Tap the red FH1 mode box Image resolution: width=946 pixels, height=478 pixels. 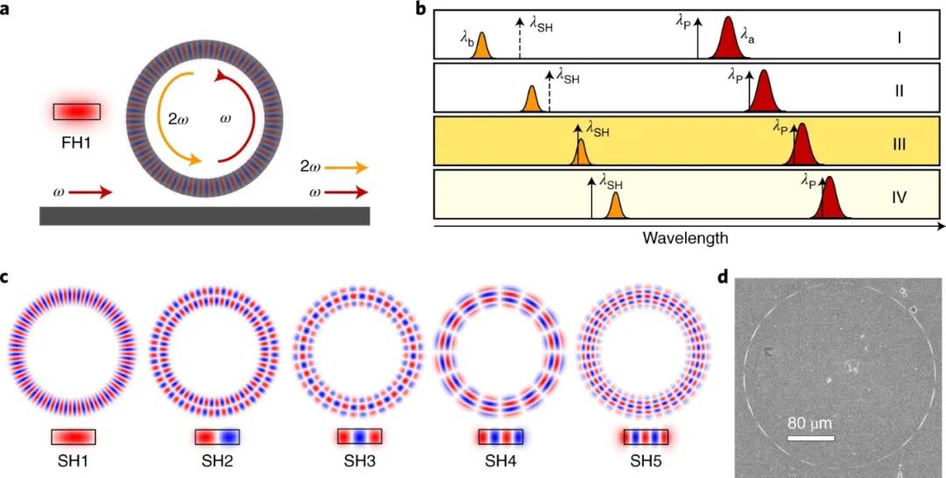tap(76, 112)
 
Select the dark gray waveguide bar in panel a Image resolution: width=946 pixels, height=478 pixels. tap(204, 215)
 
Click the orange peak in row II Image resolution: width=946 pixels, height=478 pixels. tap(531, 100)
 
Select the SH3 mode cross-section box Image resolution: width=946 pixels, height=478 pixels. tap(359, 437)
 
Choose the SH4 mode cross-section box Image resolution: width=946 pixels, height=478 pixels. tap(501, 437)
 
